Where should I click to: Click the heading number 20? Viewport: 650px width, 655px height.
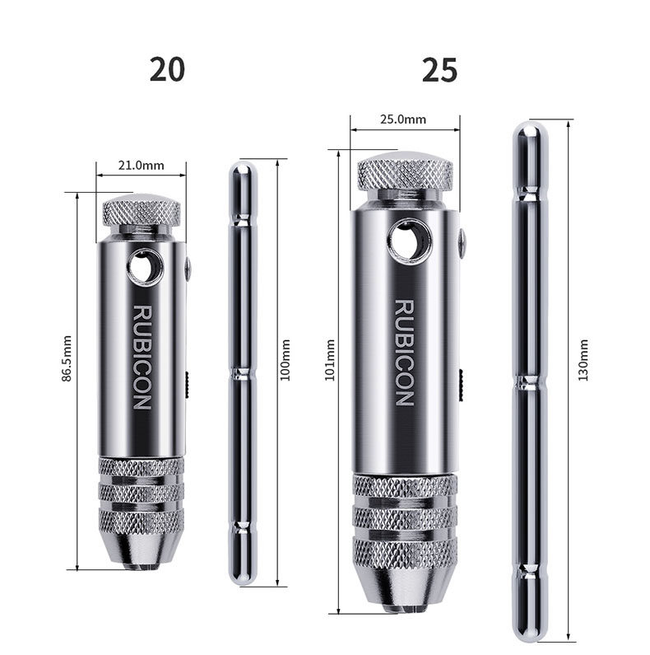pyautogui.click(x=167, y=70)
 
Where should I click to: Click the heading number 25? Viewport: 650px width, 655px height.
pyautogui.click(x=439, y=70)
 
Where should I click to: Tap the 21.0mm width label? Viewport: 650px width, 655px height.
pyautogui.click(x=141, y=166)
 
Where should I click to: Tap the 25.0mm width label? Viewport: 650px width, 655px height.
pyautogui.click(x=403, y=119)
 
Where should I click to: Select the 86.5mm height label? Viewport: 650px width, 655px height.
pyautogui.click(x=67, y=358)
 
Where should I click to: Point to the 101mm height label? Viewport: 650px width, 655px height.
pyautogui.click(x=330, y=360)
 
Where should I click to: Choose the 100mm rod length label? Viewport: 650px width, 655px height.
pyautogui.click(x=285, y=360)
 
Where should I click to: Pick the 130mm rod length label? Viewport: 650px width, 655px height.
pyautogui.click(x=583, y=360)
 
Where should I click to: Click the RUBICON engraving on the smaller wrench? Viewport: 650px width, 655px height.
pyautogui.click(x=142, y=358)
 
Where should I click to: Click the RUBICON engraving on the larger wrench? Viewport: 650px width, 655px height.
pyautogui.click(x=404, y=353)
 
